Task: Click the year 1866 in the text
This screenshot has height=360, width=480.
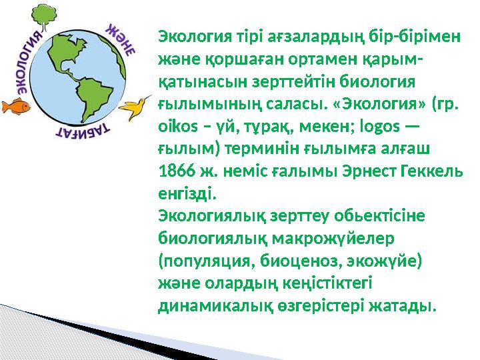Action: coord(175,171)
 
